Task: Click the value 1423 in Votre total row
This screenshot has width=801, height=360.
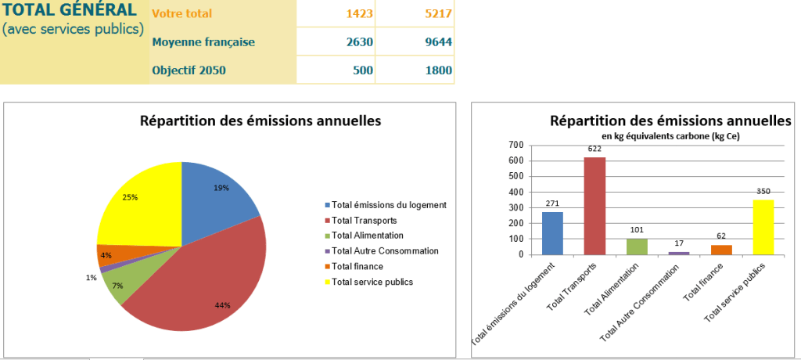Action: click(x=360, y=14)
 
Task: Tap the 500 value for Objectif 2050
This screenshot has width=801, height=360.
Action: click(x=362, y=70)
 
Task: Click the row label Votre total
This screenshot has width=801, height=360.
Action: click(x=181, y=14)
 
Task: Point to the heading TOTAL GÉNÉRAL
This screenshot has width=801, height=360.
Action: click(x=69, y=11)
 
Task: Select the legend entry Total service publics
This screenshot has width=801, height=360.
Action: click(x=372, y=282)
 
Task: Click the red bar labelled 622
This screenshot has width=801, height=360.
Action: click(x=594, y=206)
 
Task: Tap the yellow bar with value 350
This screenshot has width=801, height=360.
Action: click(x=763, y=227)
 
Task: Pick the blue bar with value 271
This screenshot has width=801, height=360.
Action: click(x=552, y=233)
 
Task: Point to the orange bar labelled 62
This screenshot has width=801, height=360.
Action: click(x=720, y=250)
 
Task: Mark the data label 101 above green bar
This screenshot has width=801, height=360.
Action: click(x=637, y=229)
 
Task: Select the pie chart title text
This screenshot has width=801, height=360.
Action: click(x=260, y=121)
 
